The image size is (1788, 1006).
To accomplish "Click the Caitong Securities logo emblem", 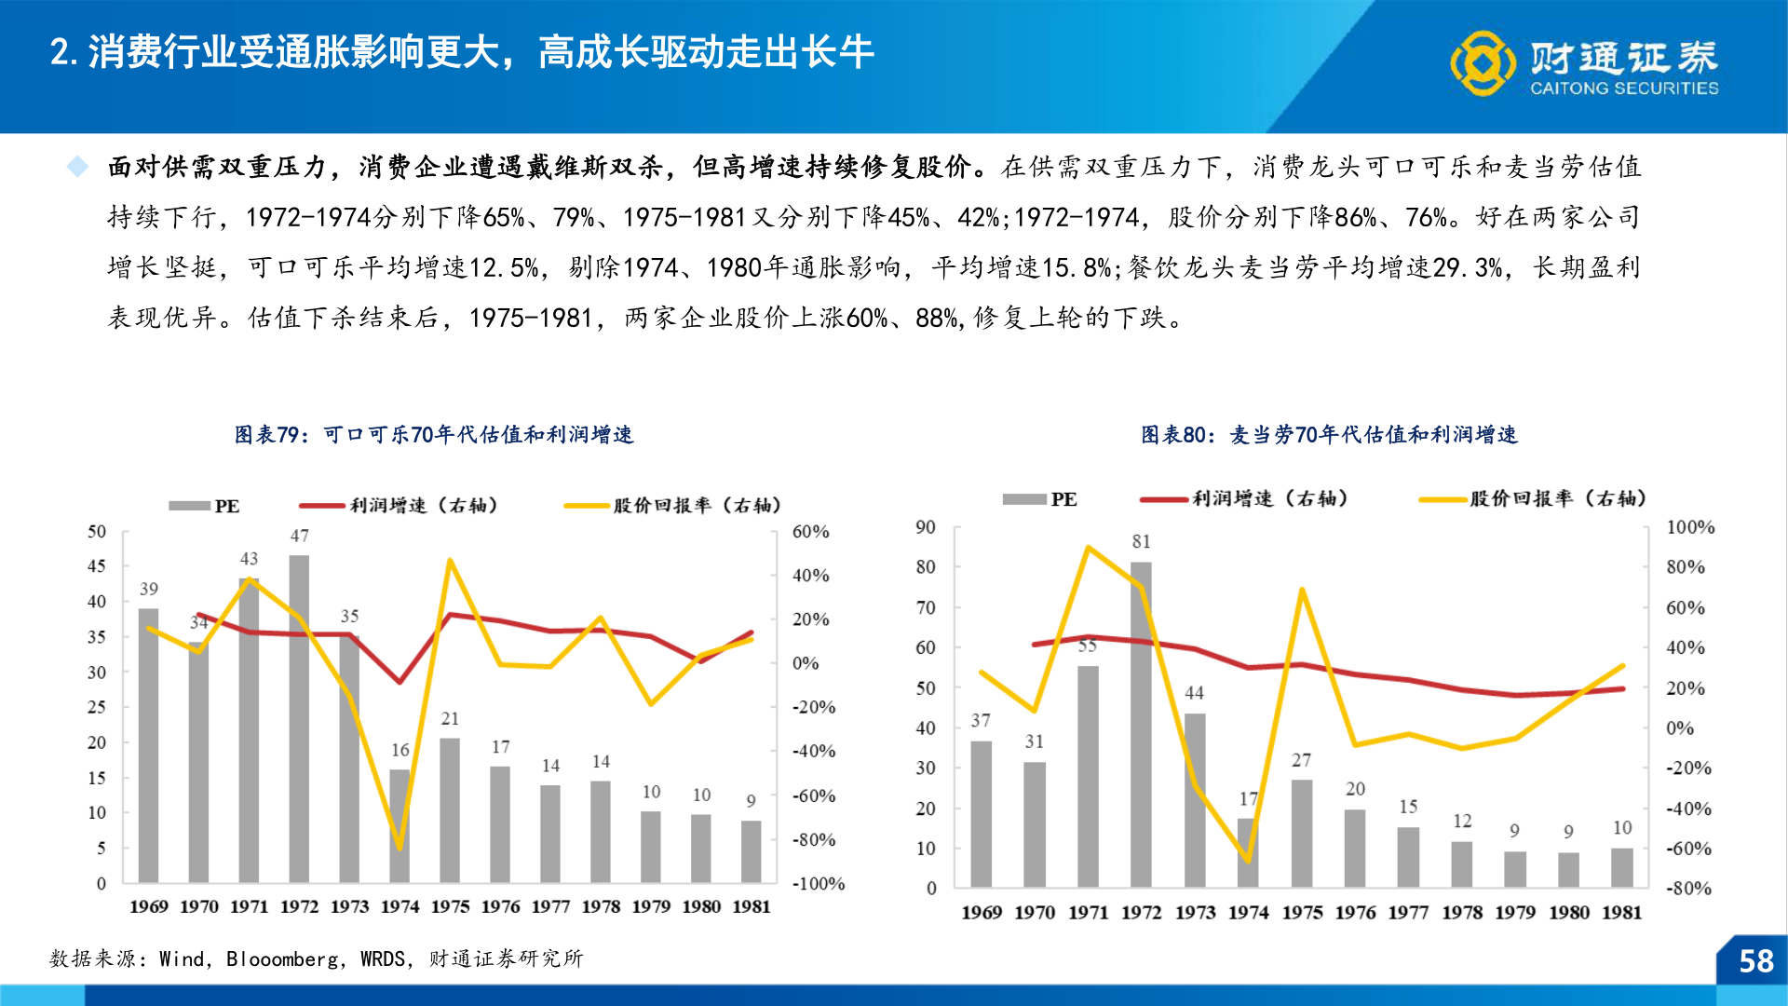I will coord(1483,62).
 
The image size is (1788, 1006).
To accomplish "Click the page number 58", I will coord(1755,960).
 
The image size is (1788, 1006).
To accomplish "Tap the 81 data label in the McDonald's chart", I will coord(1141,541).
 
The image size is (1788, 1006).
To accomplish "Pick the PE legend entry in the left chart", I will coord(204,506).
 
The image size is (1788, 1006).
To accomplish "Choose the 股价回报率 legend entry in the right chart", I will coord(1532,499).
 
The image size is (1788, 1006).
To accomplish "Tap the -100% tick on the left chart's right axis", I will coord(818,883).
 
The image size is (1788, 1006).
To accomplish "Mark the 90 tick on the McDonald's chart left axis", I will coord(925,527).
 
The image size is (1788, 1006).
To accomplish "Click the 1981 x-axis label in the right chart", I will coord(1621,912).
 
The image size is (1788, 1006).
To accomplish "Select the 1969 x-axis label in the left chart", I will coord(149,906).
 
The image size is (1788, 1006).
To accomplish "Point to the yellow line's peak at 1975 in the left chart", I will coord(450,561).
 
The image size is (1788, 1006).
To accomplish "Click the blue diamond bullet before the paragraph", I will coord(77,167).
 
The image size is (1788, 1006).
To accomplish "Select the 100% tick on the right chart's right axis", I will coord(1689,527).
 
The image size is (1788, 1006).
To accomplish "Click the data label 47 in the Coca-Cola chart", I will coord(299,536).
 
